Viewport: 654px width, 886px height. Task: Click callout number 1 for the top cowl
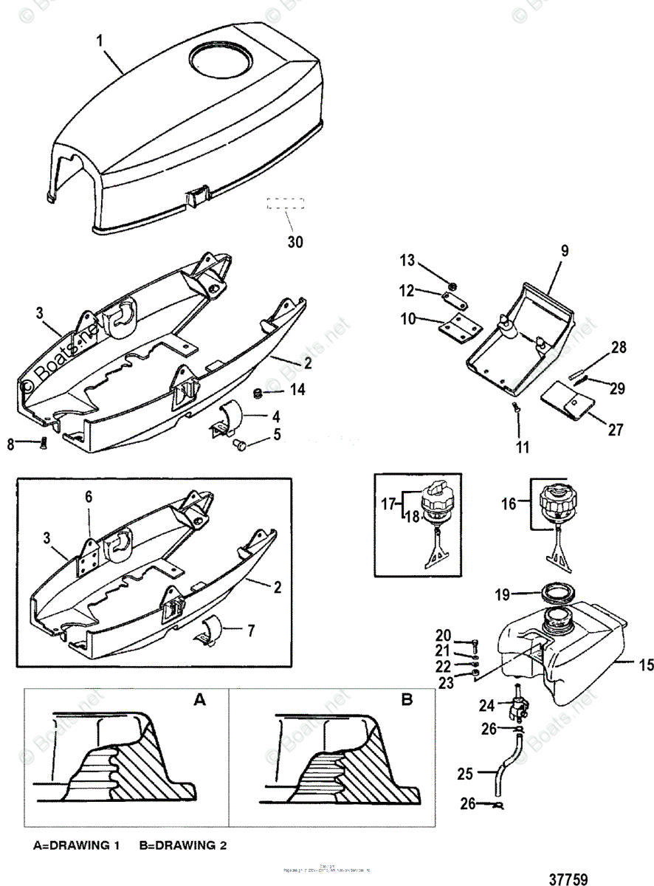(101, 41)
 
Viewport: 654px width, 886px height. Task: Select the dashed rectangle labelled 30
(286, 205)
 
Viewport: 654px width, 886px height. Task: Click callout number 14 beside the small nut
(297, 389)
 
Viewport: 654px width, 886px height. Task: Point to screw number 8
(41, 444)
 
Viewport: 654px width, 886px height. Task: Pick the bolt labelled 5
(238, 444)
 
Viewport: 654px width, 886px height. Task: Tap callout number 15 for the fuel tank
(645, 665)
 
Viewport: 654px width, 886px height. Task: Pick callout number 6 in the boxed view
(89, 498)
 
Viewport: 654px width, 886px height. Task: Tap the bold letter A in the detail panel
(198, 700)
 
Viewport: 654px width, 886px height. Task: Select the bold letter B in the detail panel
(406, 700)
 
